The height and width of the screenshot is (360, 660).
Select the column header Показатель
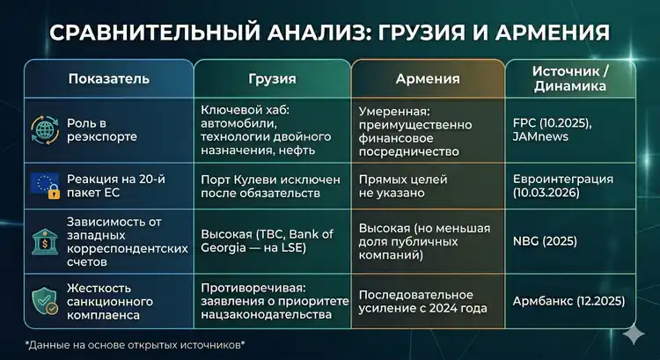pos(108,78)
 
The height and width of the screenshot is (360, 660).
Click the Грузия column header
pos(272,78)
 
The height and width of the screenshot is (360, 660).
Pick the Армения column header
pos(428,78)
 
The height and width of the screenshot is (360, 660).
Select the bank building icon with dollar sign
pos(44,238)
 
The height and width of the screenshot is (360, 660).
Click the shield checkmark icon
pos(44,299)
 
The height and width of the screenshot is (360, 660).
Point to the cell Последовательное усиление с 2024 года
pos(429,300)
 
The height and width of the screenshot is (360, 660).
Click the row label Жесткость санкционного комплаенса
pos(114,300)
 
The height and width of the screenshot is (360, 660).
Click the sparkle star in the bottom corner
pos(631,334)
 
